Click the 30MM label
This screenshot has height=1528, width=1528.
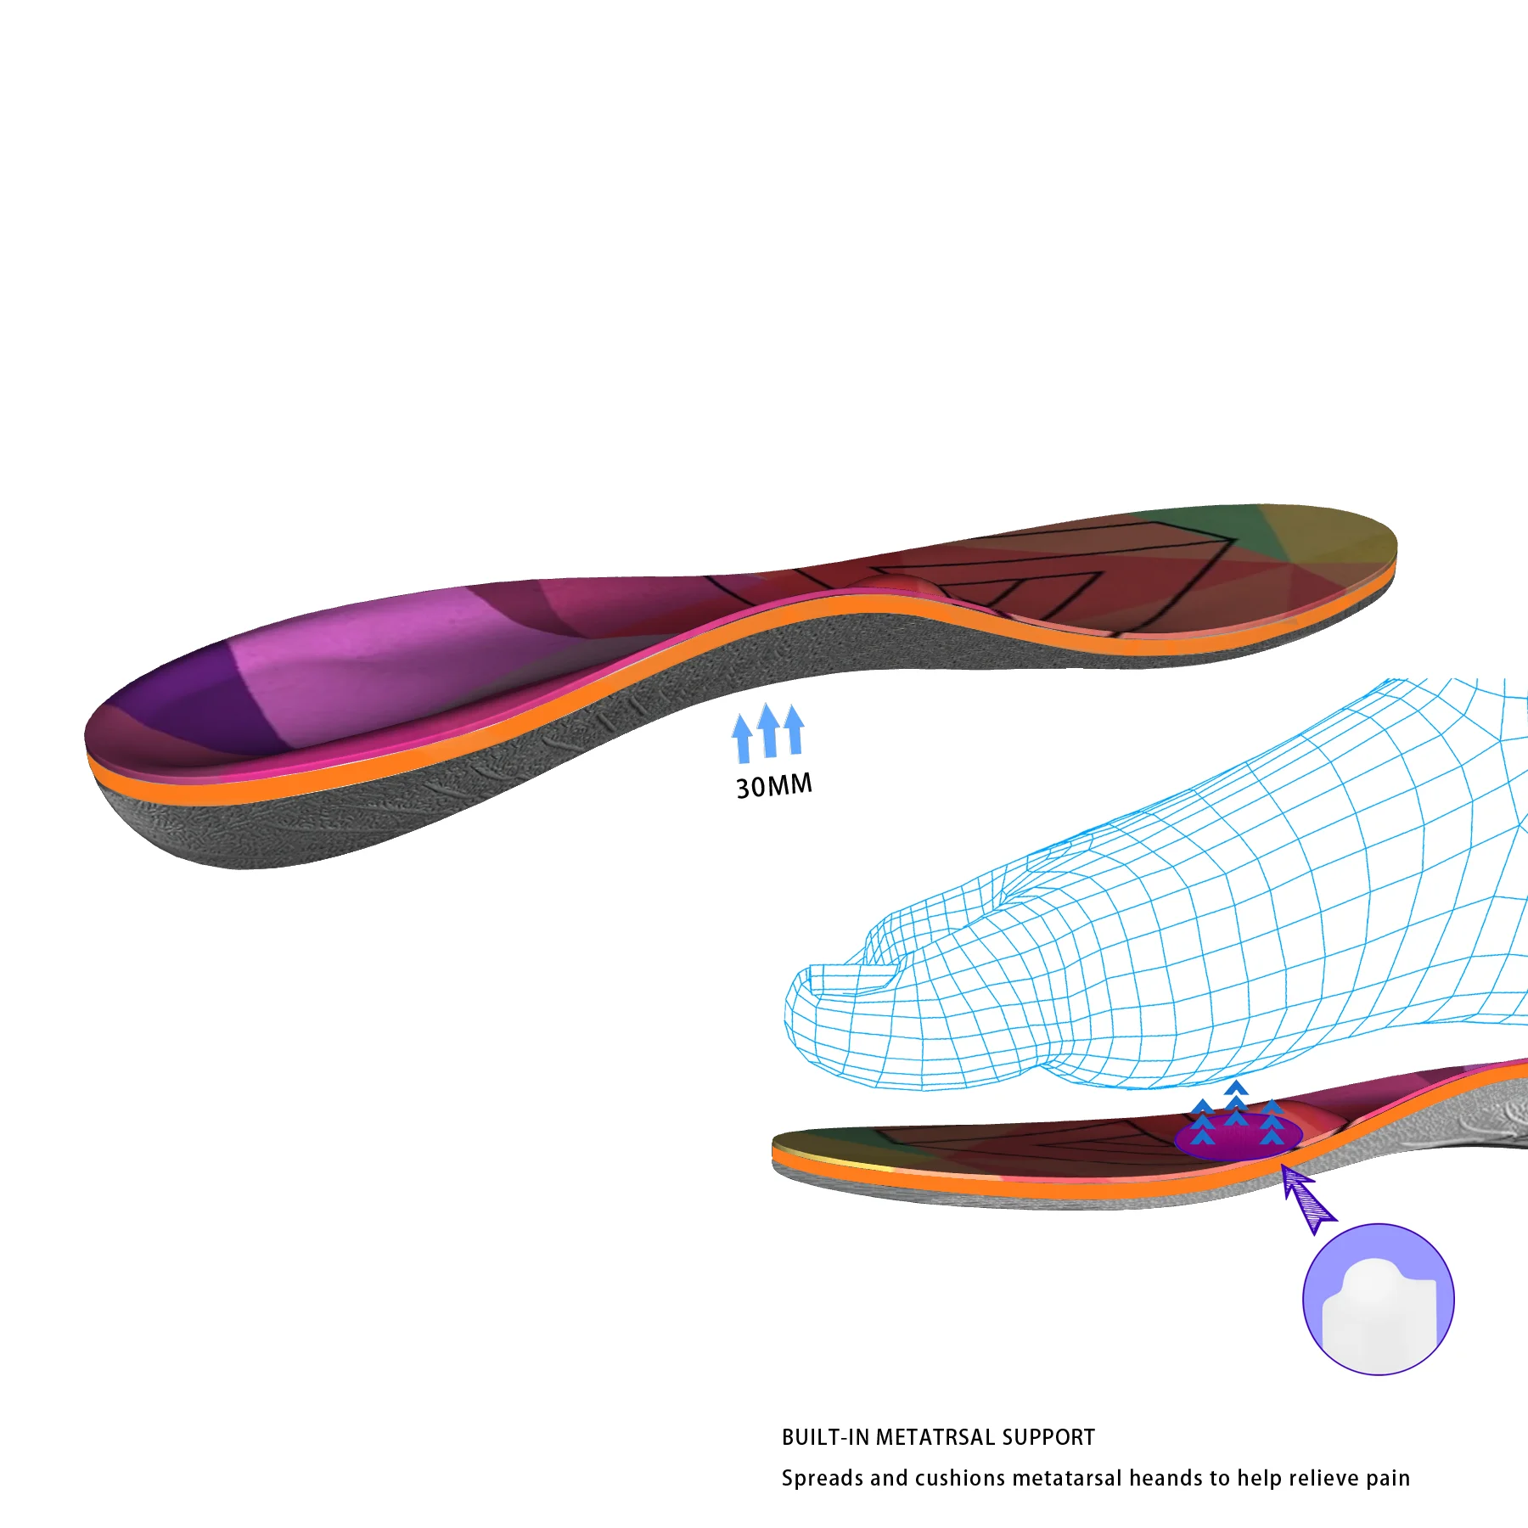pos(773,785)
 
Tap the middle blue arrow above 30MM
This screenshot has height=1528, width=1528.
pos(769,730)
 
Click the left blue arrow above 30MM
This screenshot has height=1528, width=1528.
pos(743,739)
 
